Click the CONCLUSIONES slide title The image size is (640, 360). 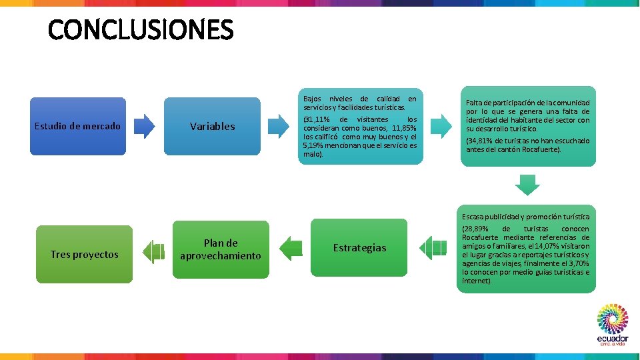point(141,30)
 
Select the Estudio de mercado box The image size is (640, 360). point(78,126)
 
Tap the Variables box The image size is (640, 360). point(212,126)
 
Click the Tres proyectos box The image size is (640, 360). point(84,254)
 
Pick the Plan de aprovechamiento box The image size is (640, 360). point(220,249)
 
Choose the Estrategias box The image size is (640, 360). point(359,247)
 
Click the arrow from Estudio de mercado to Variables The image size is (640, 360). point(143,126)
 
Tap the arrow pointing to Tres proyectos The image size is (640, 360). point(153,251)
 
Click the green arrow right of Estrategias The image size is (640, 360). point(436,247)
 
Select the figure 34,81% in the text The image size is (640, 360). point(479,141)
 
